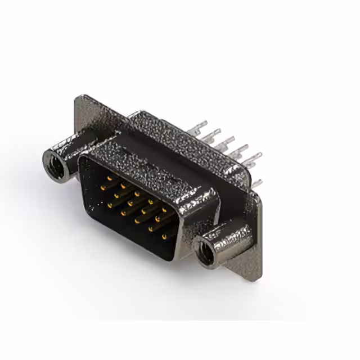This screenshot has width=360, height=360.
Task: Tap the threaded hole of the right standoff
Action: pyautogui.click(x=206, y=250)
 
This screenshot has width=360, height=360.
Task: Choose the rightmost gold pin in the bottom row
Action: pyautogui.click(x=165, y=236)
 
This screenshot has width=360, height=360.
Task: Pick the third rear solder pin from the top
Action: pyautogui.click(x=229, y=138)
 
